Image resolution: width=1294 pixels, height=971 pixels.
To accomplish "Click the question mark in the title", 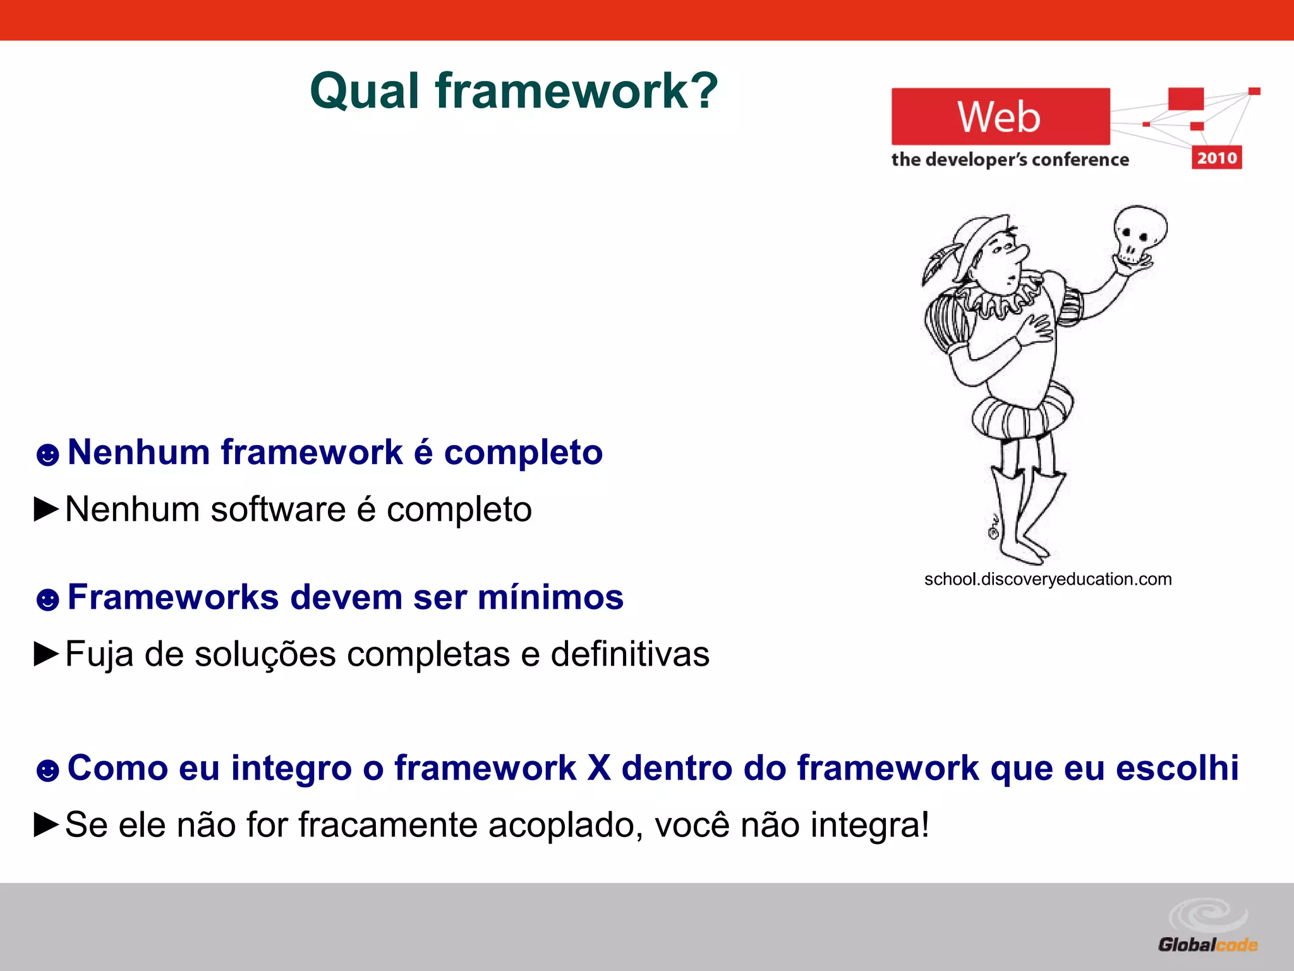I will pyautogui.click(x=701, y=90).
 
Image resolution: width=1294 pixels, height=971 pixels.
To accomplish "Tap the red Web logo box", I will pyautogui.click(x=1000, y=116).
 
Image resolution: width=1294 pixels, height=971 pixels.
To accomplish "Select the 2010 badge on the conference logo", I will pyautogui.click(x=1216, y=157).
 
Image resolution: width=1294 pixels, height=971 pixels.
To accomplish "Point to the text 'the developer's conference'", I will pyautogui.click(x=1009, y=159).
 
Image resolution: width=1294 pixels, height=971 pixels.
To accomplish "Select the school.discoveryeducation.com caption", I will pyautogui.click(x=1048, y=579).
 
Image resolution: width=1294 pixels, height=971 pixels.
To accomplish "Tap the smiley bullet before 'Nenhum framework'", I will pyautogui.click(x=47, y=455).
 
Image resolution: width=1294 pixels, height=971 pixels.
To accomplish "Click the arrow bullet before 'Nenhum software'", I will pyautogui.click(x=46, y=509).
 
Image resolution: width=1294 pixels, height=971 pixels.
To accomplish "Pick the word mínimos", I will pyautogui.click(x=550, y=597).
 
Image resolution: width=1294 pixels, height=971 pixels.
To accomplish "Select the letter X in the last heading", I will pyautogui.click(x=598, y=768).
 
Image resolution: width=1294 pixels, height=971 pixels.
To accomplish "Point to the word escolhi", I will pyautogui.click(x=1176, y=768).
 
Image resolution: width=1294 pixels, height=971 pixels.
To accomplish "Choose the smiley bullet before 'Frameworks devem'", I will pyautogui.click(x=47, y=599).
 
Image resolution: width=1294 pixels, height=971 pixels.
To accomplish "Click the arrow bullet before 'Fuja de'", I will pyautogui.click(x=46, y=654).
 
